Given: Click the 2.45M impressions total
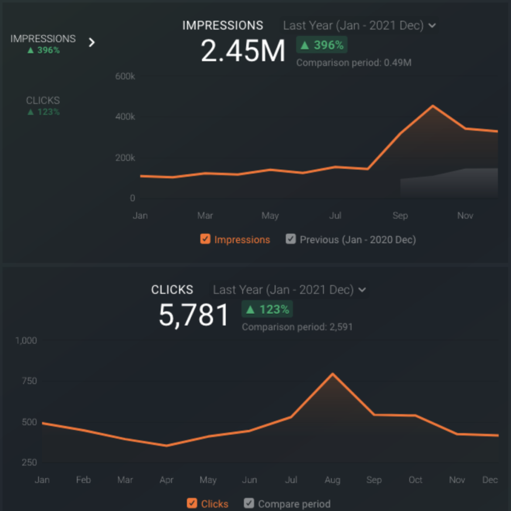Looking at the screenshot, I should pyautogui.click(x=243, y=52).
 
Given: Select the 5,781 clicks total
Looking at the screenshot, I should pyautogui.click(x=194, y=316).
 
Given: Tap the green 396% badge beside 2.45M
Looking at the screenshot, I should pyautogui.click(x=321, y=45).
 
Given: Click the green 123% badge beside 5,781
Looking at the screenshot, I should pyautogui.click(x=267, y=309).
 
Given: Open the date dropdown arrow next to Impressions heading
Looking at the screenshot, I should pyautogui.click(x=432, y=26).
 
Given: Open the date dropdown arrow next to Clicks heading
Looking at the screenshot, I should pyautogui.click(x=362, y=290).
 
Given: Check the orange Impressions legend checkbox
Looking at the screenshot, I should pyautogui.click(x=206, y=239).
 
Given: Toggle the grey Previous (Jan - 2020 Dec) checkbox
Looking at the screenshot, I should pyautogui.click(x=291, y=239).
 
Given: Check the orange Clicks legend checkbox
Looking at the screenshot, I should pyautogui.click(x=192, y=503).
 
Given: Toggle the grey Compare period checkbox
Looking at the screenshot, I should pyautogui.click(x=249, y=503).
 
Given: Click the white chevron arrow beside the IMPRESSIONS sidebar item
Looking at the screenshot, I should pyautogui.click(x=92, y=43).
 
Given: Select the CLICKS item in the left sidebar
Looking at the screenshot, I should pyautogui.click(x=43, y=100).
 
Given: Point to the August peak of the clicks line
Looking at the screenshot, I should pyautogui.click(x=332, y=374).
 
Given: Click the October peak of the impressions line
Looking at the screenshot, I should pyautogui.click(x=433, y=106).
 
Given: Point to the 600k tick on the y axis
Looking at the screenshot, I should pyautogui.click(x=124, y=76).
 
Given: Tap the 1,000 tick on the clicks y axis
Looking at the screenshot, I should pyautogui.click(x=26, y=341).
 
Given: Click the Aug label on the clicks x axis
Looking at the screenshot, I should pyautogui.click(x=332, y=480).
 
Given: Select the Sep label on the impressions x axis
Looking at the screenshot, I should pyautogui.click(x=400, y=216).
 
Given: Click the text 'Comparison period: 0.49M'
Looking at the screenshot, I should pyautogui.click(x=354, y=63).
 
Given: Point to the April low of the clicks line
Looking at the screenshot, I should pyautogui.click(x=166, y=446).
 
